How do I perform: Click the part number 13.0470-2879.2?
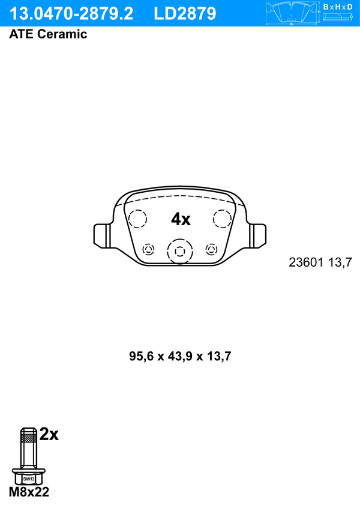coord(71,14)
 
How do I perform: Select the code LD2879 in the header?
coord(185,14)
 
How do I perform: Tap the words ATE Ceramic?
coord(48,34)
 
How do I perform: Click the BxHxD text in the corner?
coord(338,7)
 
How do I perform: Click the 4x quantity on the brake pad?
coord(181,219)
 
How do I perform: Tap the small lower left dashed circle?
coord(148,249)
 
